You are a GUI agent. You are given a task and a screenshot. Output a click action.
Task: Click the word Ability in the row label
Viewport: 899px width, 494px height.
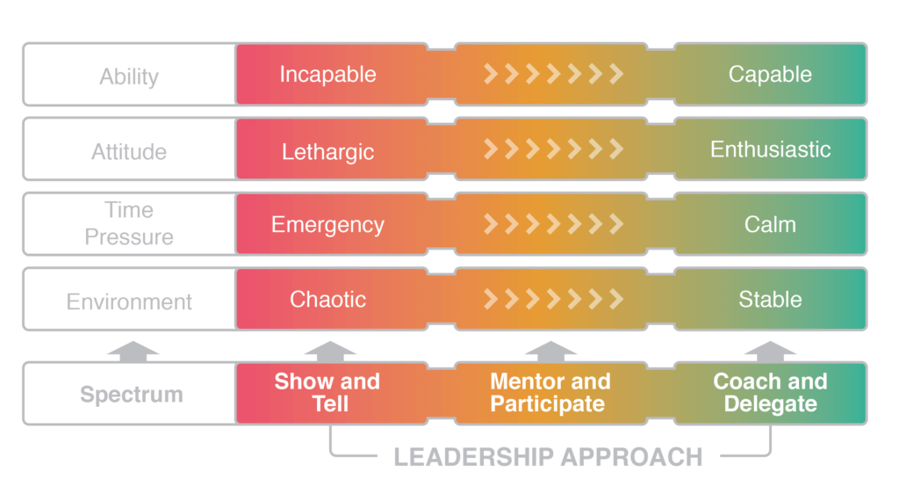pos(128,76)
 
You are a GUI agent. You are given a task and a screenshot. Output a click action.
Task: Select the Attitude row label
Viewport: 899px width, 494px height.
pos(128,151)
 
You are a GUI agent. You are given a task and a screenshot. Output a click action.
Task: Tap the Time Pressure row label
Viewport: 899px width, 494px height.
pos(128,223)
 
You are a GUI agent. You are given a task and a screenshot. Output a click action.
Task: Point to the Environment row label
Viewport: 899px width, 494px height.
pos(129,301)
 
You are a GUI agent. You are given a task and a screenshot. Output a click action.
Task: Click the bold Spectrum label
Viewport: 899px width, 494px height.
pos(132,394)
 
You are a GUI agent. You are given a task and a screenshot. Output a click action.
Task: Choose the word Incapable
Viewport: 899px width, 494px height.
pos(327,75)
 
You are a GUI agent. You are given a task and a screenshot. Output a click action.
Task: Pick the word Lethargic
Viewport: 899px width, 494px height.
pos(327,151)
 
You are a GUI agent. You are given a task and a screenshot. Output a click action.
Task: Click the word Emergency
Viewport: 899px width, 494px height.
pos(327,225)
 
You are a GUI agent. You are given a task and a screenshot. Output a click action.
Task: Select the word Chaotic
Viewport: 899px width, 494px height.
pos(327,300)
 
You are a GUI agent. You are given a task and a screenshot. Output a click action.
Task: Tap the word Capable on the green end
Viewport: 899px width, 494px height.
pos(770,75)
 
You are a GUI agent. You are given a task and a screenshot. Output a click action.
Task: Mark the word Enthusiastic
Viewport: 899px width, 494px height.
pos(770,149)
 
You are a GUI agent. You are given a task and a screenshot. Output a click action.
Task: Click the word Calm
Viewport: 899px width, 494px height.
pos(770,225)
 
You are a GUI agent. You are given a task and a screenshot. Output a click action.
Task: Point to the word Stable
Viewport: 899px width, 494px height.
pos(770,300)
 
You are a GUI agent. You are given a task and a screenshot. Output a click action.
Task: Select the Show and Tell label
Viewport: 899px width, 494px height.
pos(327,393)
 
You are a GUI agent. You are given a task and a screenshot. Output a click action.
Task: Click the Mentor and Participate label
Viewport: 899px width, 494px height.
pos(549,393)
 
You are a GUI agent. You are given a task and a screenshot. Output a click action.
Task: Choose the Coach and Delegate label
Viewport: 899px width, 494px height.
pos(770,393)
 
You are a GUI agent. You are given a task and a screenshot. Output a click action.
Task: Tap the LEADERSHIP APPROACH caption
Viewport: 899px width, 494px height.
pos(548,457)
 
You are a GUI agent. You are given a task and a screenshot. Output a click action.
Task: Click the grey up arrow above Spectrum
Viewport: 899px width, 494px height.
pos(133,352)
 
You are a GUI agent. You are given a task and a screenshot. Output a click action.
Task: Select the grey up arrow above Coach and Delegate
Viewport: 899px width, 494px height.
pos(770,352)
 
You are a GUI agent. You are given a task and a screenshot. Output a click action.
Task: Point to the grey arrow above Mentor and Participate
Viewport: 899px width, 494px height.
pos(550,352)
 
